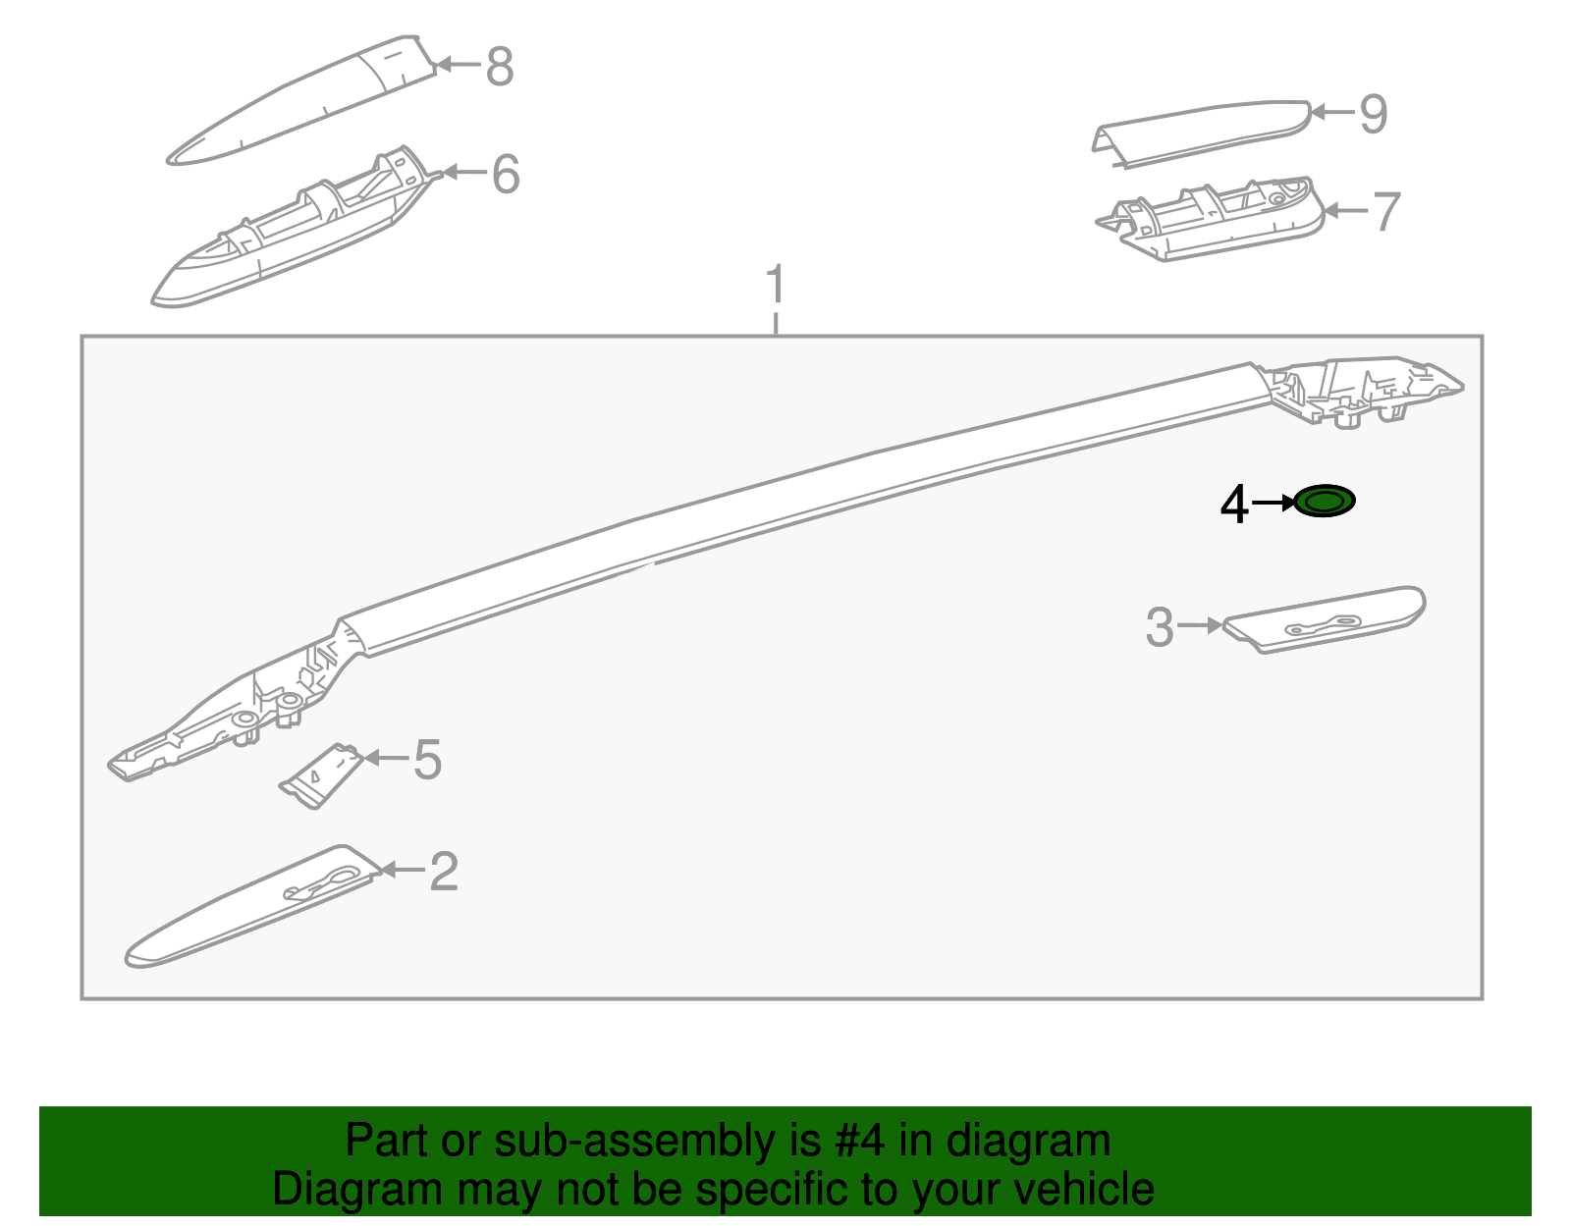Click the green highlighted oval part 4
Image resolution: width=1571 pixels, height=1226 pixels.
pyautogui.click(x=1325, y=502)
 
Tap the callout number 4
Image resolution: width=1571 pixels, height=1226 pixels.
pyautogui.click(x=1233, y=505)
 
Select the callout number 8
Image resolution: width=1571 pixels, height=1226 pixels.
pyautogui.click(x=500, y=67)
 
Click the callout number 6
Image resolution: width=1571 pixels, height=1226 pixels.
pyautogui.click(x=505, y=174)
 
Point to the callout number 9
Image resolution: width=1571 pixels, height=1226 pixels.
pyautogui.click(x=1373, y=114)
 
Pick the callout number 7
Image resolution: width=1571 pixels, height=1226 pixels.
pyautogui.click(x=1385, y=211)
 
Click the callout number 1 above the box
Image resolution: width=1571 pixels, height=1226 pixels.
pyautogui.click(x=776, y=285)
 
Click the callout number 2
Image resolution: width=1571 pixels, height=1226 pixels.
pyautogui.click(x=444, y=872)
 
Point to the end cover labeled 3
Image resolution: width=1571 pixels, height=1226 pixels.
pyautogui.click(x=1326, y=618)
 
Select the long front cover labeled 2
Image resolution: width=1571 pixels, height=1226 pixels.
pyautogui.click(x=250, y=908)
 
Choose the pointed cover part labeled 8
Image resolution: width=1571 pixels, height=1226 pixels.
pyautogui.click(x=304, y=103)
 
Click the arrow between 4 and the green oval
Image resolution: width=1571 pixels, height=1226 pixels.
pyautogui.click(x=1274, y=503)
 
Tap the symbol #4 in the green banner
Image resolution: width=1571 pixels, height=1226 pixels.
pyautogui.click(x=861, y=1142)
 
